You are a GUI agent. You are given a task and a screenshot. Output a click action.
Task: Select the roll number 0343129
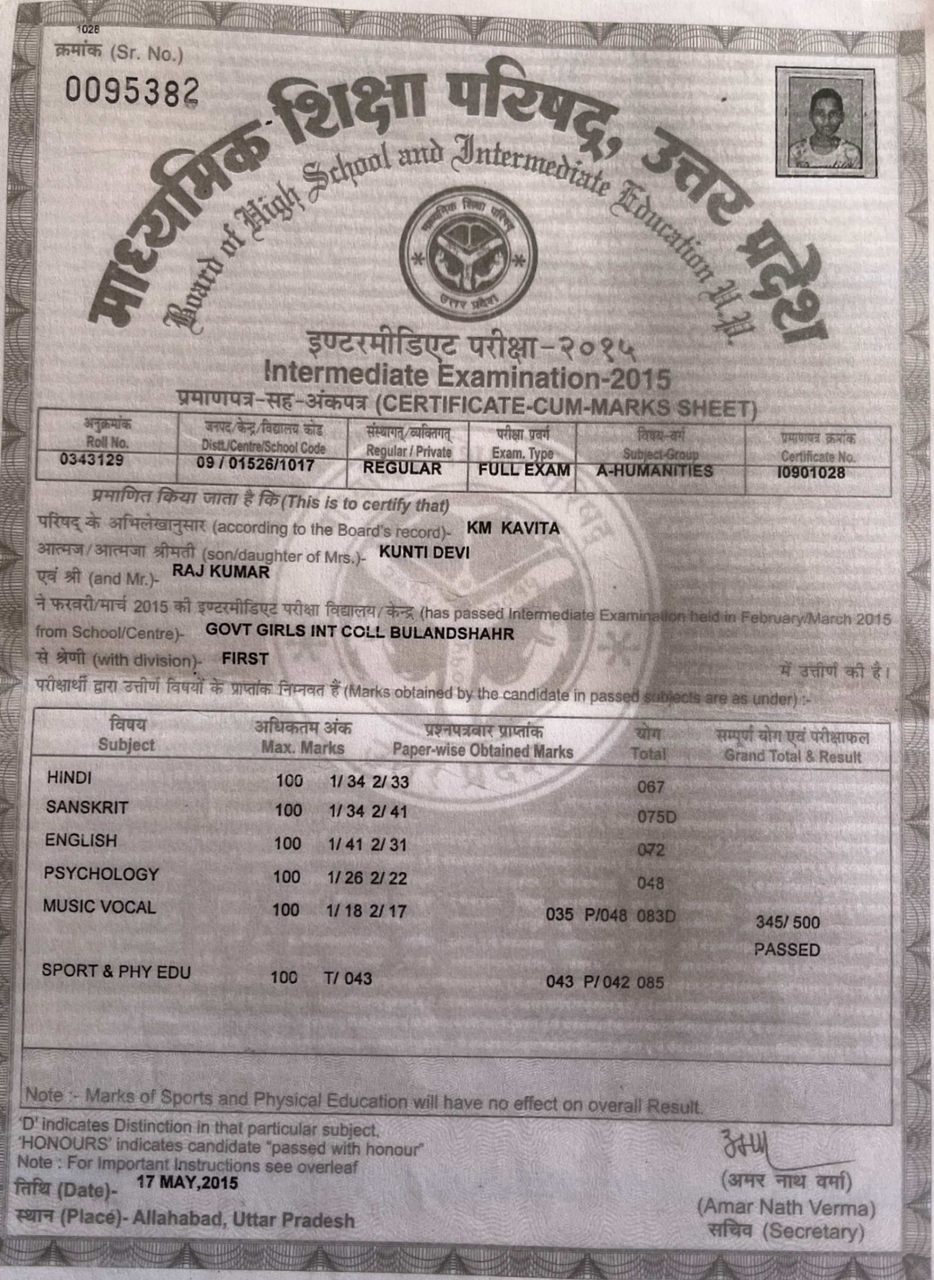pos(91,460)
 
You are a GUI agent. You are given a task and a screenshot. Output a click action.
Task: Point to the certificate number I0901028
pos(811,472)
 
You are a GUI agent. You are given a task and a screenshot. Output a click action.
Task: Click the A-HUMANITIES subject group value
pos(654,471)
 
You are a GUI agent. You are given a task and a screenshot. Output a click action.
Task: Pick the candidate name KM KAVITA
pos(513,528)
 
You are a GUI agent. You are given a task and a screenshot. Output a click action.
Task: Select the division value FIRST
pos(245,658)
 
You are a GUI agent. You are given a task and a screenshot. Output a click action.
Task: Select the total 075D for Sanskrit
pos(657,817)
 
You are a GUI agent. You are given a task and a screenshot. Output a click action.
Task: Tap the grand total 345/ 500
pos(788,922)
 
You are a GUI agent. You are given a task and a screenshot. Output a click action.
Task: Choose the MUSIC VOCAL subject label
pos(99,907)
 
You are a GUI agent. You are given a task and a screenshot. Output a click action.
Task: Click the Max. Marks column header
pos(303,748)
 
